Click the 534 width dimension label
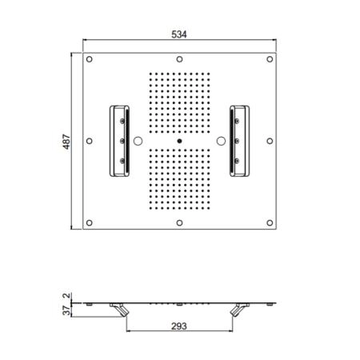[x=179, y=34]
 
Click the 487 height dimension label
[x=66, y=142]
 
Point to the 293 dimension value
[x=179, y=326]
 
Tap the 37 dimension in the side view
[x=66, y=310]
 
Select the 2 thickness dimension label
[x=66, y=295]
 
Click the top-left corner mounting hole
[x=90, y=59]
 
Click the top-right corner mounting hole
[x=270, y=59]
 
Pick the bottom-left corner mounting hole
[x=90, y=222]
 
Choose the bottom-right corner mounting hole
[x=270, y=222]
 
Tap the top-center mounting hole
[x=179, y=59]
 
